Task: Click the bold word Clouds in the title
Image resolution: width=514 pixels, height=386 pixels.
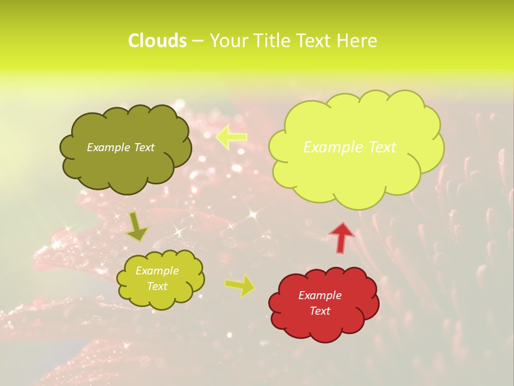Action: [x=157, y=41]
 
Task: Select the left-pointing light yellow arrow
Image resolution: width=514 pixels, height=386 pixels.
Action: [x=231, y=137]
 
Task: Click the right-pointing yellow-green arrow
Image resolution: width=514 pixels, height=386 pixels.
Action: [x=240, y=285]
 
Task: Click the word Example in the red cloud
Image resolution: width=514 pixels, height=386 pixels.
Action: [x=320, y=295]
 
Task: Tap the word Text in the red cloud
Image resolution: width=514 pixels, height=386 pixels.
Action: [x=320, y=311]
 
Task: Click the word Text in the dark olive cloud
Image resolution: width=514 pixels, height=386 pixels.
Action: [x=143, y=147]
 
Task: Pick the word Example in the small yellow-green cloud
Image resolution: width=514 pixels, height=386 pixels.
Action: [x=157, y=271]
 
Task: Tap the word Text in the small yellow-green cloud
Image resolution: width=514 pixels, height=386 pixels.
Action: [x=157, y=286]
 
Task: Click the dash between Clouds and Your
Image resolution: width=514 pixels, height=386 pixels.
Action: [x=198, y=41]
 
